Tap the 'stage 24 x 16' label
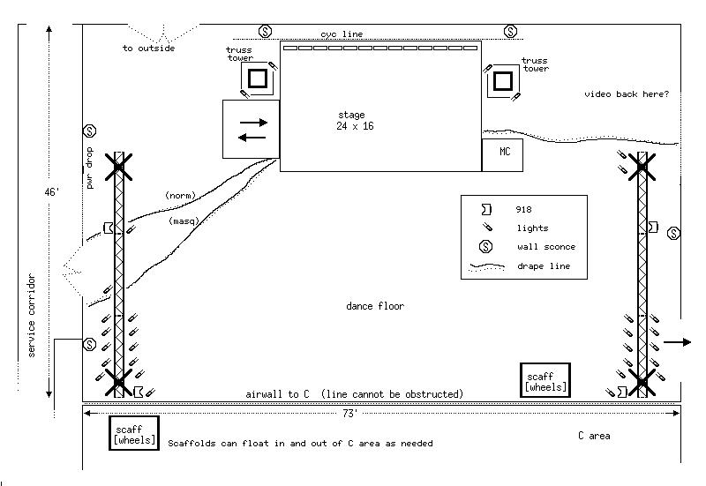click(x=351, y=121)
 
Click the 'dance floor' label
click(x=375, y=306)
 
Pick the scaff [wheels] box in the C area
click(x=134, y=433)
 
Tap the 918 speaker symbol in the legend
click(x=486, y=210)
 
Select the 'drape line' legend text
click(x=544, y=265)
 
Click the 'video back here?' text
click(x=627, y=93)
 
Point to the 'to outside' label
click(x=148, y=49)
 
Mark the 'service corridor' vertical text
click(x=31, y=316)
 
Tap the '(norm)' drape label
click(x=179, y=195)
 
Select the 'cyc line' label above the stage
click(x=342, y=34)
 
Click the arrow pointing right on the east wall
click(x=678, y=341)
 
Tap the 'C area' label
click(x=594, y=436)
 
